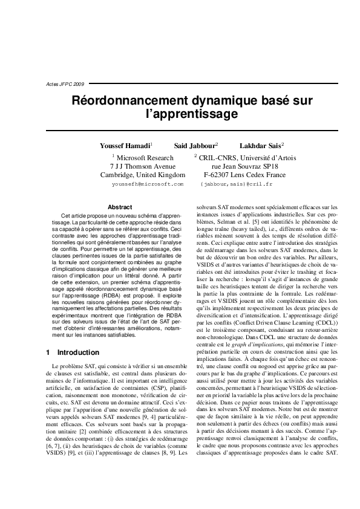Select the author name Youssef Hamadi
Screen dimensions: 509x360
coord(125,146)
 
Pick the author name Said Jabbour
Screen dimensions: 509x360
coord(195,146)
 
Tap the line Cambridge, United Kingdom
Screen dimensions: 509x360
coord(142,175)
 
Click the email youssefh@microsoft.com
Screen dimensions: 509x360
coord(148,183)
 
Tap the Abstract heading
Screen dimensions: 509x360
coord(119,207)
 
